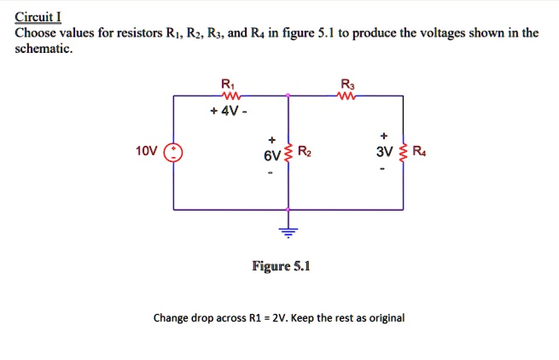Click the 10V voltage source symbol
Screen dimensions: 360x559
[173, 153]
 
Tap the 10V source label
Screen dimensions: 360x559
[146, 152]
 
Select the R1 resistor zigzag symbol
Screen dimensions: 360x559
[228, 96]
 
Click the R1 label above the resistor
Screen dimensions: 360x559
[226, 84]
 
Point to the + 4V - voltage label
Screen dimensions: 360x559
[228, 111]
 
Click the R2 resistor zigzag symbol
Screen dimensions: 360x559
[288, 154]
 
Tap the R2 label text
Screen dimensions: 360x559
[306, 153]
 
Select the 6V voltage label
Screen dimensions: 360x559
[271, 157]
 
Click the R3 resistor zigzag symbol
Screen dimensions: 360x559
[346, 96]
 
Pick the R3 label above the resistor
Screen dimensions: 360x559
[346, 84]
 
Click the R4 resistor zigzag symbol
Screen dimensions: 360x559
[404, 154]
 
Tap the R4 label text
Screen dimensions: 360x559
[418, 153]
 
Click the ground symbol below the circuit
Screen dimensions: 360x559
[288, 230]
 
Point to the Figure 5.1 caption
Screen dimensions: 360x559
[281, 266]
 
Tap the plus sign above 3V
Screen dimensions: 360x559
[384, 135]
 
